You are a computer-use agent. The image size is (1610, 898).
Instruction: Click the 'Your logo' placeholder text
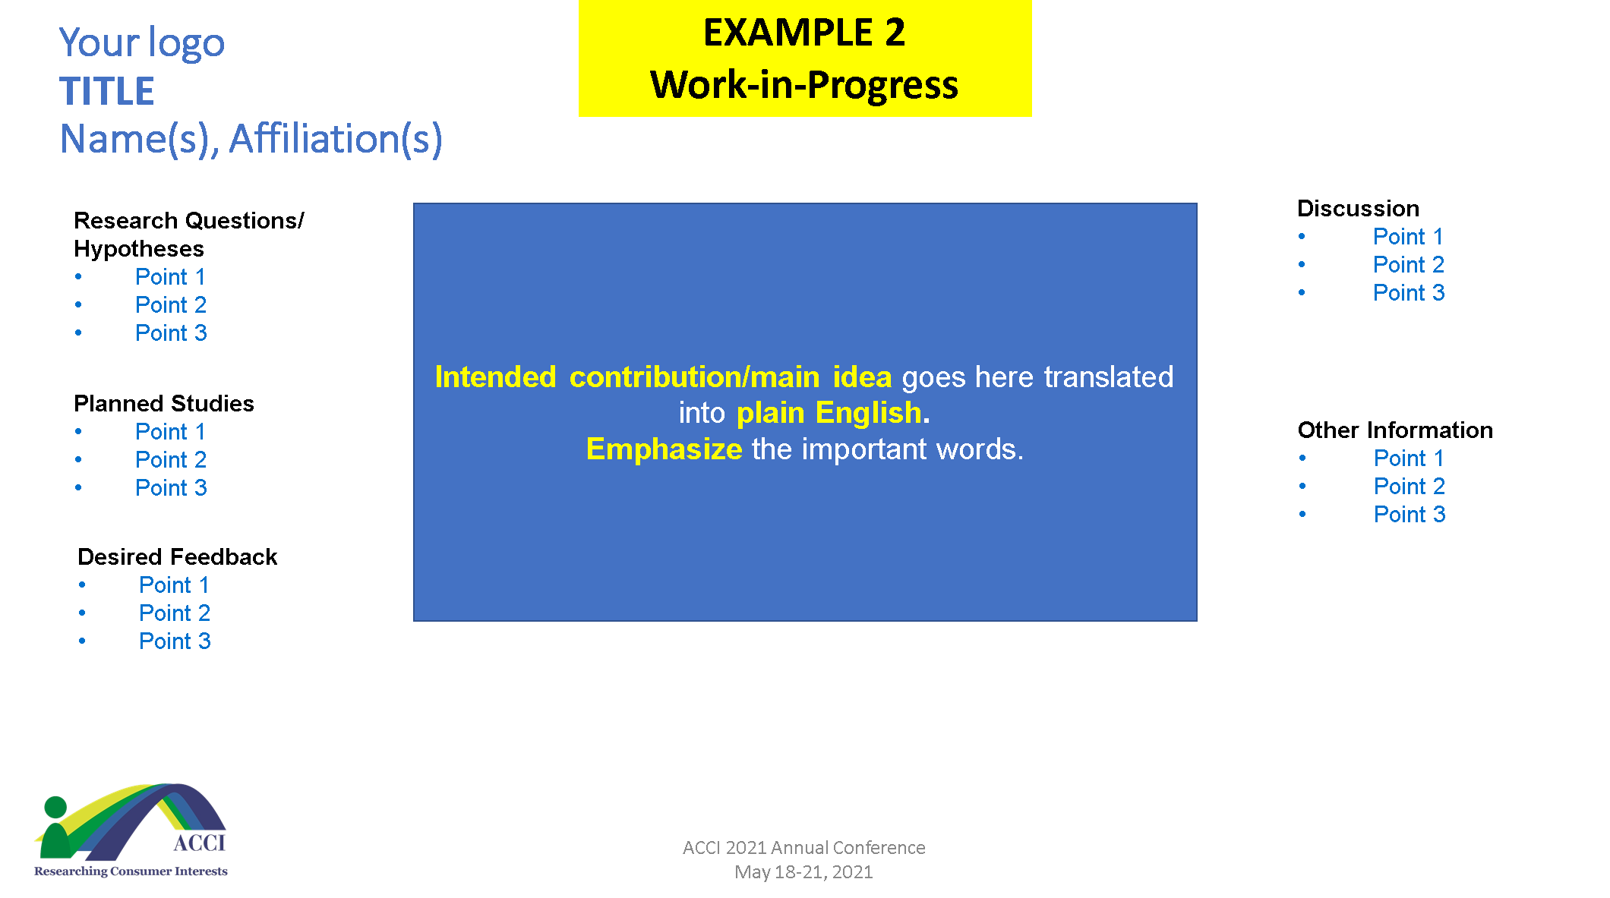click(x=142, y=43)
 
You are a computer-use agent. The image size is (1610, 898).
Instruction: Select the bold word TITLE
click(x=107, y=91)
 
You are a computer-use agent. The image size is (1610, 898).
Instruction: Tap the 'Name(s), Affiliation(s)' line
click(x=251, y=139)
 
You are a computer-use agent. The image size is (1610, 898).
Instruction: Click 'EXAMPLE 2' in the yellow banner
click(x=804, y=33)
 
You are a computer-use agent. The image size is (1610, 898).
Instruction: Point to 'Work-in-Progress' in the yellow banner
click(x=804, y=84)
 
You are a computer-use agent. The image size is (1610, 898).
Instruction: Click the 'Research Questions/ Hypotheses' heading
click(x=188, y=235)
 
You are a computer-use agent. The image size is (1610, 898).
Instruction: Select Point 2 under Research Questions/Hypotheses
click(x=171, y=305)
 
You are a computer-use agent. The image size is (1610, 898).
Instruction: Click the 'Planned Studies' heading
click(x=164, y=403)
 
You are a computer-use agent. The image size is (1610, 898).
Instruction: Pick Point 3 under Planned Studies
click(x=171, y=488)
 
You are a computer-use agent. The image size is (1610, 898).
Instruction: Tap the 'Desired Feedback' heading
click(x=178, y=556)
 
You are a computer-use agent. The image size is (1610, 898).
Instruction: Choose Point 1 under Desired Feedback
click(x=174, y=585)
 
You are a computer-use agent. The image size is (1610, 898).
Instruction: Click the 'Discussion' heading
click(x=1358, y=208)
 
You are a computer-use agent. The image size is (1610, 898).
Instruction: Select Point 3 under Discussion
click(x=1409, y=293)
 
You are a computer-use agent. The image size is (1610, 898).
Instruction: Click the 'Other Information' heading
click(x=1395, y=430)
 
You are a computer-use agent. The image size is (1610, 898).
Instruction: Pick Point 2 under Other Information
click(x=1410, y=487)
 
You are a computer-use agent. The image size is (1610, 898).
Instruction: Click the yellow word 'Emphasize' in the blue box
click(x=665, y=449)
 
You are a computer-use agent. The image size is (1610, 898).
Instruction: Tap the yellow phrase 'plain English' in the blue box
click(x=829, y=413)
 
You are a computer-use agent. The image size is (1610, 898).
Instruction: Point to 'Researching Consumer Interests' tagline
click(x=131, y=871)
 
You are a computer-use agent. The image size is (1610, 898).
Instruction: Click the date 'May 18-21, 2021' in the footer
click(x=803, y=872)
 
